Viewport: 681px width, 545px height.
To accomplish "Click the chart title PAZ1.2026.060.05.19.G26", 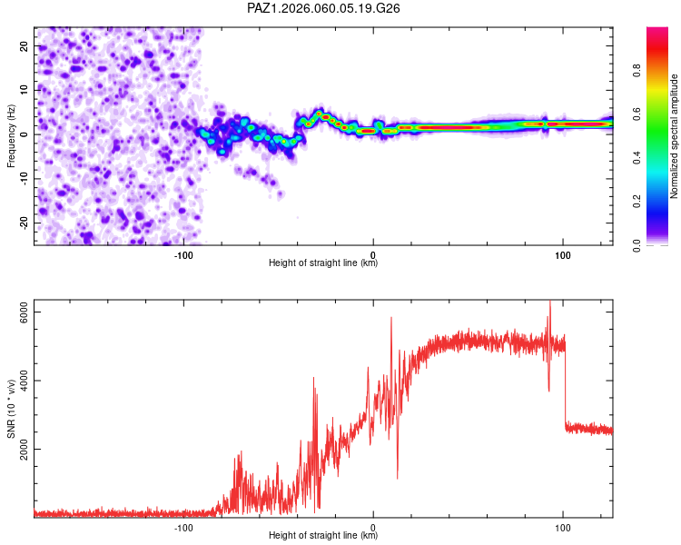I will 324,8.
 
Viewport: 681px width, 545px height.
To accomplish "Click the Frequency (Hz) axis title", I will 10,135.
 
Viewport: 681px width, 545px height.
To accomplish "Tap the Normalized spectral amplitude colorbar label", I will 675,136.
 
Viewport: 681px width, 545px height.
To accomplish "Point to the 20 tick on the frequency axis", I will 24,45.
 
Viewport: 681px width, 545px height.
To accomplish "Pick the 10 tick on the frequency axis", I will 24,90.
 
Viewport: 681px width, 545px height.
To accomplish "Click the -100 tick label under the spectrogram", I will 183,255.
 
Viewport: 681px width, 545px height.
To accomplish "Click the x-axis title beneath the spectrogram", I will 323,264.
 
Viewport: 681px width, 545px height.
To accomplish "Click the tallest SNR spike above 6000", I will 549,303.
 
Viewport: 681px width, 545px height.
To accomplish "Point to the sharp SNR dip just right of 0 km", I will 397,477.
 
